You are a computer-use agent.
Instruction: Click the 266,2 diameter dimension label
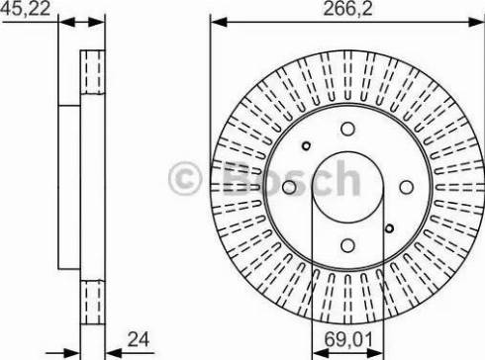click(x=347, y=9)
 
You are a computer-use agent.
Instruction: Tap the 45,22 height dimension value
click(x=25, y=8)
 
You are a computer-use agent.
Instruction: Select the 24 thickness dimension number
click(x=139, y=339)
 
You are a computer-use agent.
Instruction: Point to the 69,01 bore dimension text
click(x=348, y=339)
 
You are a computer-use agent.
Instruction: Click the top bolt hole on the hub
click(x=347, y=129)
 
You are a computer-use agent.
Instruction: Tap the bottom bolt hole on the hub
click(x=347, y=245)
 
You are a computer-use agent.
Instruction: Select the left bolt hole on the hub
click(x=289, y=187)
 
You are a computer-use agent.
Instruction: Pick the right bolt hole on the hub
click(x=406, y=187)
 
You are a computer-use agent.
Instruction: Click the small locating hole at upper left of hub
click(x=307, y=145)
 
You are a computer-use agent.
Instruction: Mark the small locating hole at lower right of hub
click(x=389, y=228)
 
